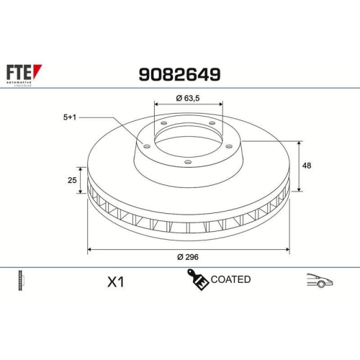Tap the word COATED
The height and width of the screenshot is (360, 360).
click(x=231, y=279)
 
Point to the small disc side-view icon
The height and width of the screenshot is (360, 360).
click(x=20, y=281)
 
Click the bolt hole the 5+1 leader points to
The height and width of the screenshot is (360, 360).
click(x=148, y=146)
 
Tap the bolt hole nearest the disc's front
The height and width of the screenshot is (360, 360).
click(x=187, y=162)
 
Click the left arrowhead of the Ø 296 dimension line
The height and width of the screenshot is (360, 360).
click(x=89, y=249)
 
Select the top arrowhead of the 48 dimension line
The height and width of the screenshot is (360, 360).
click(x=300, y=144)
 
